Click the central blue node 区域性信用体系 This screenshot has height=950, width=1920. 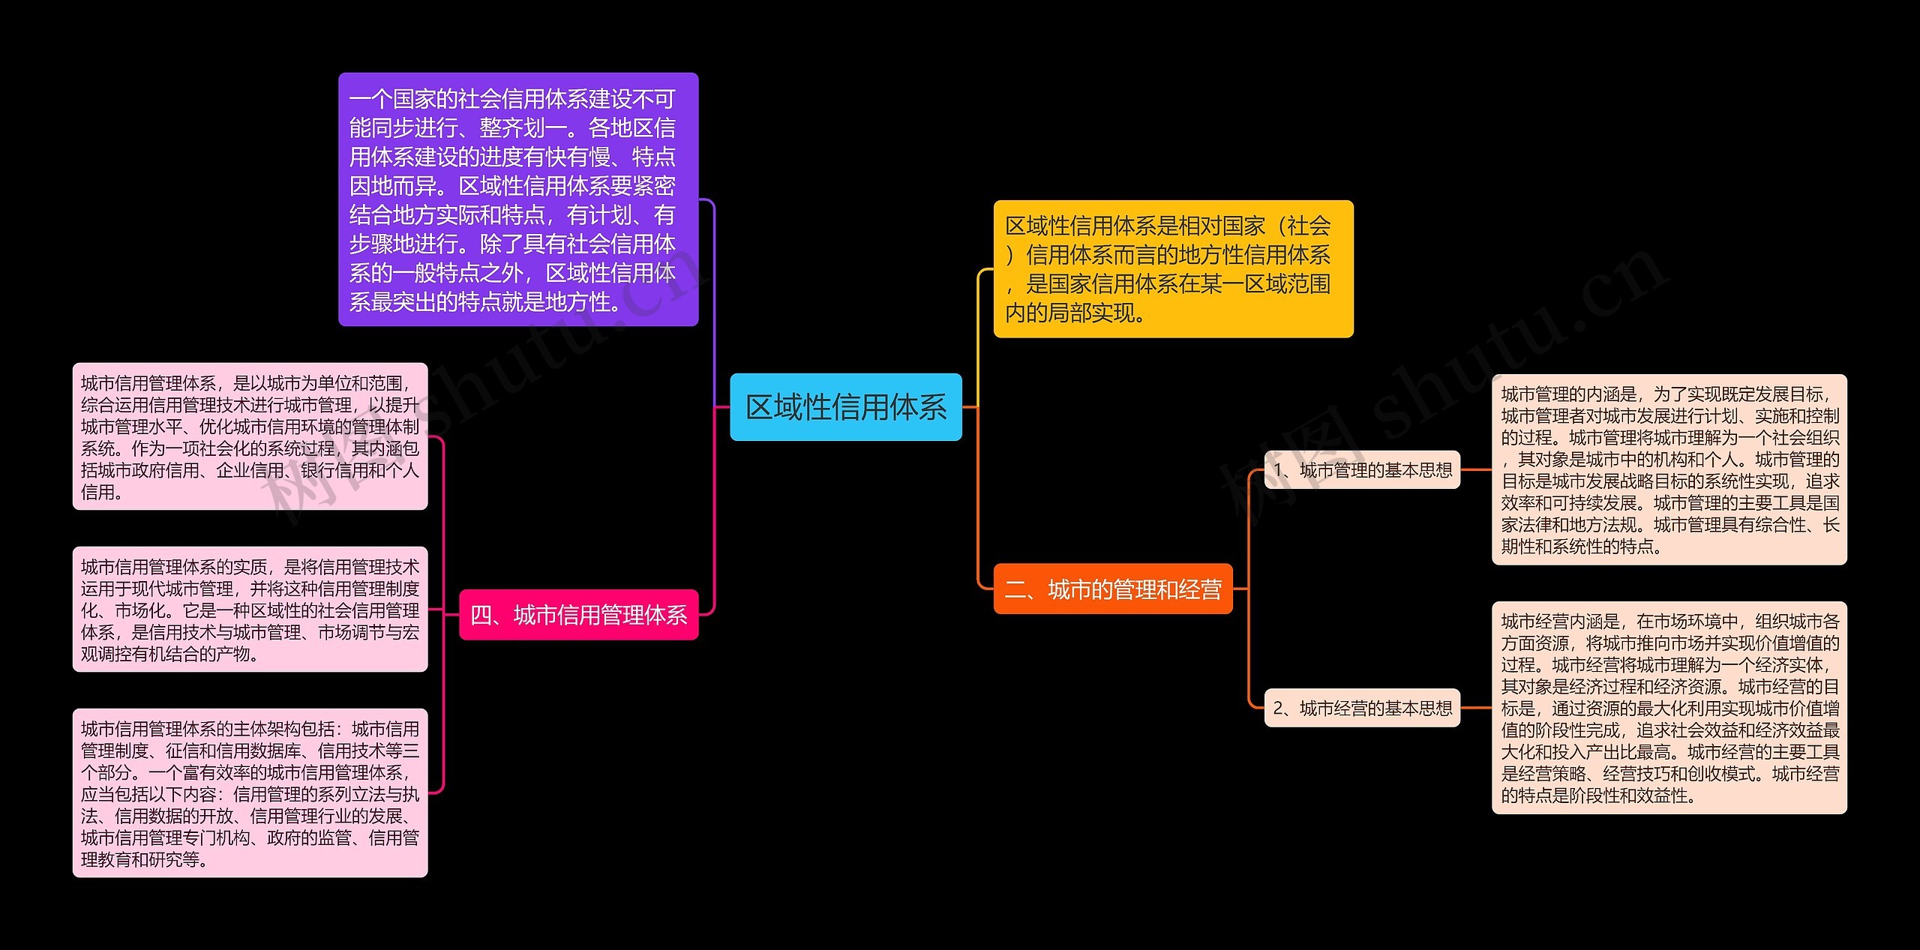click(x=845, y=407)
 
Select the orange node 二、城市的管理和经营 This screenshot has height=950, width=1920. click(x=1112, y=589)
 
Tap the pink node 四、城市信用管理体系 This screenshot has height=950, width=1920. click(x=578, y=615)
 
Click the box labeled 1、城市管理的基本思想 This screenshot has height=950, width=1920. click(x=1362, y=470)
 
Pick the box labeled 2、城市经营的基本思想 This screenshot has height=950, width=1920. click(x=1362, y=708)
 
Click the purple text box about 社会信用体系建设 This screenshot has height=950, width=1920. click(x=517, y=199)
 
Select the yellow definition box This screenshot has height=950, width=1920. click(x=1173, y=268)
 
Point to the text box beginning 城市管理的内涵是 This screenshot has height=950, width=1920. click(x=1669, y=469)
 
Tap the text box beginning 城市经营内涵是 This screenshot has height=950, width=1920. click(x=1669, y=707)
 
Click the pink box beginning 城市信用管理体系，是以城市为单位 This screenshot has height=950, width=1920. click(x=250, y=436)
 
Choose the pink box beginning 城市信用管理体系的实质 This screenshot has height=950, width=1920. click(x=250, y=609)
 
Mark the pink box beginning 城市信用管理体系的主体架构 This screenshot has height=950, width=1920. click(x=250, y=793)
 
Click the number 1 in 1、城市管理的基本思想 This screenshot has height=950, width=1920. click(x=1279, y=470)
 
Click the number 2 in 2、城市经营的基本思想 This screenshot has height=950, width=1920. click(x=1279, y=709)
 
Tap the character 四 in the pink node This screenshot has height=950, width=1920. click(x=481, y=616)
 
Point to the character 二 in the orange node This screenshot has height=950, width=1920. click(x=1015, y=590)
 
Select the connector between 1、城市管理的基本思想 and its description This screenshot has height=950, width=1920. click(x=1476, y=470)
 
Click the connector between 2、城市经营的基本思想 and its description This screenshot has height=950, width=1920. click(x=1476, y=708)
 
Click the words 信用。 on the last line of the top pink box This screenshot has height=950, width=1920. click(x=102, y=492)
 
